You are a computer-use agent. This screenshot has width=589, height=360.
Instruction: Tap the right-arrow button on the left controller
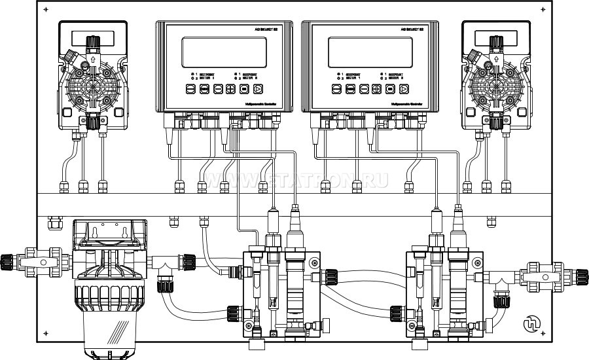tap(259, 89)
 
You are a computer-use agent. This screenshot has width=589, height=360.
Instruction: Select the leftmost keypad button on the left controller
tap(189, 89)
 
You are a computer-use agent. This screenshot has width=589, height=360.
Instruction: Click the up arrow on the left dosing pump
tap(92, 60)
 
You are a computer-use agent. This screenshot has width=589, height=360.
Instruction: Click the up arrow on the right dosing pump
tap(496, 60)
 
